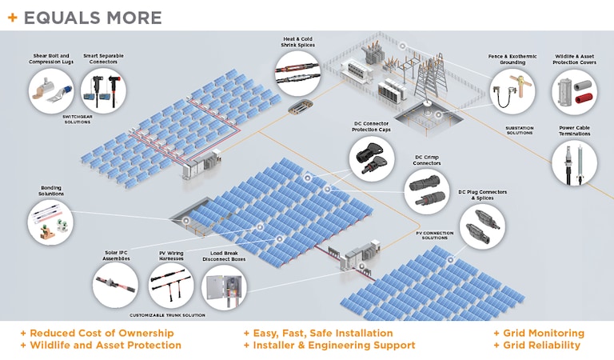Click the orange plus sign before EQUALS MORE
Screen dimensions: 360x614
[14, 18]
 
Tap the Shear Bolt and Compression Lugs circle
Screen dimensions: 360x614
[51, 90]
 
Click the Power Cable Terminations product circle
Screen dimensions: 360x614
[575, 164]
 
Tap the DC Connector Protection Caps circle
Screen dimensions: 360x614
[371, 157]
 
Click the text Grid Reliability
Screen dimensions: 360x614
[536, 346]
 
